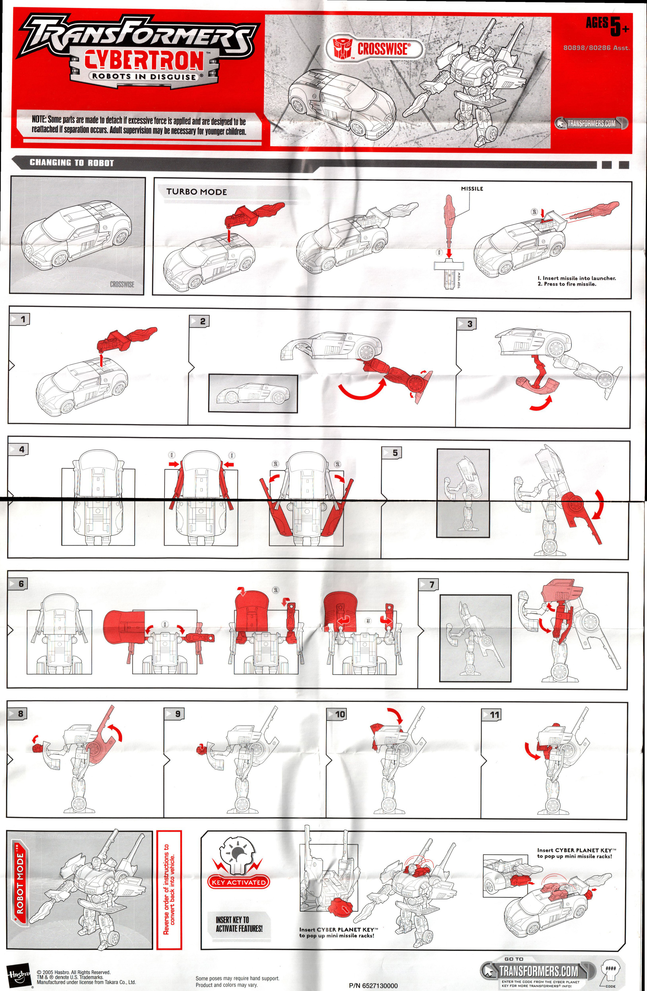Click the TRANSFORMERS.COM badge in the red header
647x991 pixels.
click(591, 123)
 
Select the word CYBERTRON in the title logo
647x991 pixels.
click(144, 61)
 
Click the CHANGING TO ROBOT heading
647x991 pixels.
click(72, 163)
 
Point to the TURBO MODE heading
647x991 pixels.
click(197, 192)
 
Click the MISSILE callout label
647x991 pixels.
click(472, 189)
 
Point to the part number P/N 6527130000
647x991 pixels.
click(373, 986)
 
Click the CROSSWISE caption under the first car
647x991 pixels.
click(122, 284)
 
